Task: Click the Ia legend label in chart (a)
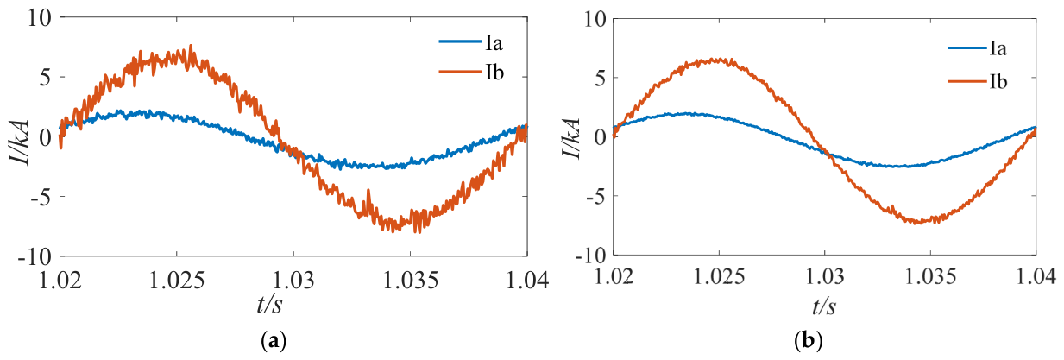coord(494,43)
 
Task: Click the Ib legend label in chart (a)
coord(494,73)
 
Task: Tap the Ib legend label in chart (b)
coord(998,82)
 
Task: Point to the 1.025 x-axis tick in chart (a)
coord(177,281)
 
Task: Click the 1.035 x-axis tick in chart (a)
coord(411,281)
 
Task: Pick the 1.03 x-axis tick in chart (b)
coord(825,276)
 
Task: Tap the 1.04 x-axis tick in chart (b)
coord(1036,276)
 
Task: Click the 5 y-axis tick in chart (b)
coord(600,79)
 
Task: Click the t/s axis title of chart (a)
coord(269,305)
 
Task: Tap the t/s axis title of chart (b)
coord(824,306)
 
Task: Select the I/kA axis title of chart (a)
coord(20,142)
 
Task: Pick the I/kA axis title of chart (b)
coord(571,139)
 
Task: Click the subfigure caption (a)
coord(274,341)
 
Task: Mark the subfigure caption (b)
coord(809,341)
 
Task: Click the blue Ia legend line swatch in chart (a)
coord(460,41)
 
